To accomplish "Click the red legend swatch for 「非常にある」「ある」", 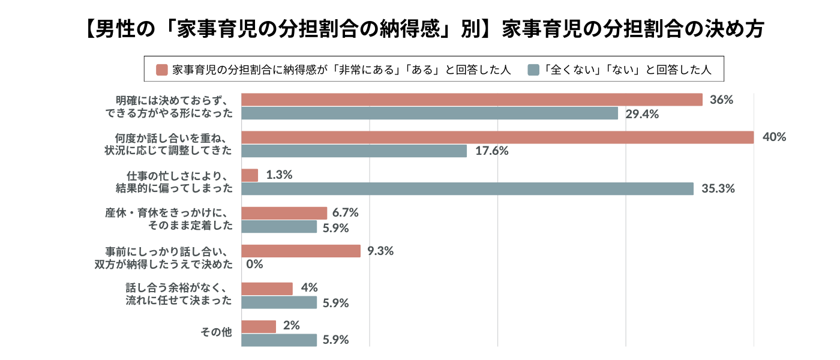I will click(161, 70).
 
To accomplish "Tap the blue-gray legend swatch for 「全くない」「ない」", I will click(533, 70).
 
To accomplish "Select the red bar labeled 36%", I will click(472, 100).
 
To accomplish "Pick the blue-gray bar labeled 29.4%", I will click(430, 113).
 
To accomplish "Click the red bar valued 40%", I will click(497, 137).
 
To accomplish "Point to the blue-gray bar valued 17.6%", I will click(354, 151).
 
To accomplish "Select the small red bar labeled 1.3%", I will click(250, 175).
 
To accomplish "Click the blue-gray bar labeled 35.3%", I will click(467, 188).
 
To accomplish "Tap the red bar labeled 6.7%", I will click(284, 213).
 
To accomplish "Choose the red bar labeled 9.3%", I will click(301, 251).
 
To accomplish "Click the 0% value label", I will click(255, 264).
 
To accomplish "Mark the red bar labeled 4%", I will click(267, 289).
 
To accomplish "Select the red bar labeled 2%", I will click(259, 326).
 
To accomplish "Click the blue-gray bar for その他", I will click(279, 340).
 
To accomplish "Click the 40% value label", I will click(774, 137).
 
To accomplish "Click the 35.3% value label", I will click(718, 188).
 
